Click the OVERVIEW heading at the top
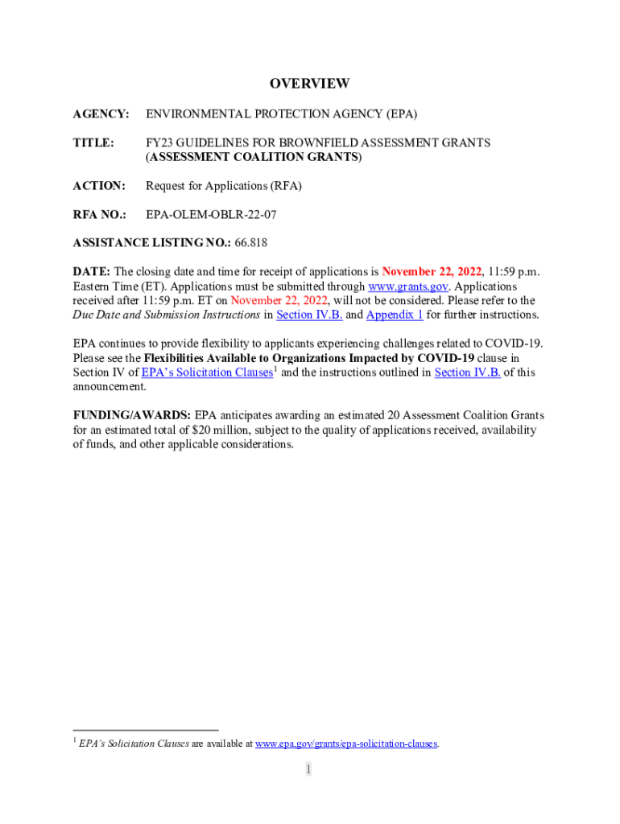[x=309, y=84]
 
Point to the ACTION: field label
[x=99, y=186]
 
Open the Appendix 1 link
[x=395, y=315]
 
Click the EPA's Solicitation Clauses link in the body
[x=207, y=373]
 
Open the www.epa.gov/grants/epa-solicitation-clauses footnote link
[x=346, y=744]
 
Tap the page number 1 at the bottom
[x=308, y=770]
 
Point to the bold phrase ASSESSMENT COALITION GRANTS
[x=254, y=157]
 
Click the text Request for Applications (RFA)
[x=224, y=186]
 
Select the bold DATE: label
[x=91, y=272]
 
